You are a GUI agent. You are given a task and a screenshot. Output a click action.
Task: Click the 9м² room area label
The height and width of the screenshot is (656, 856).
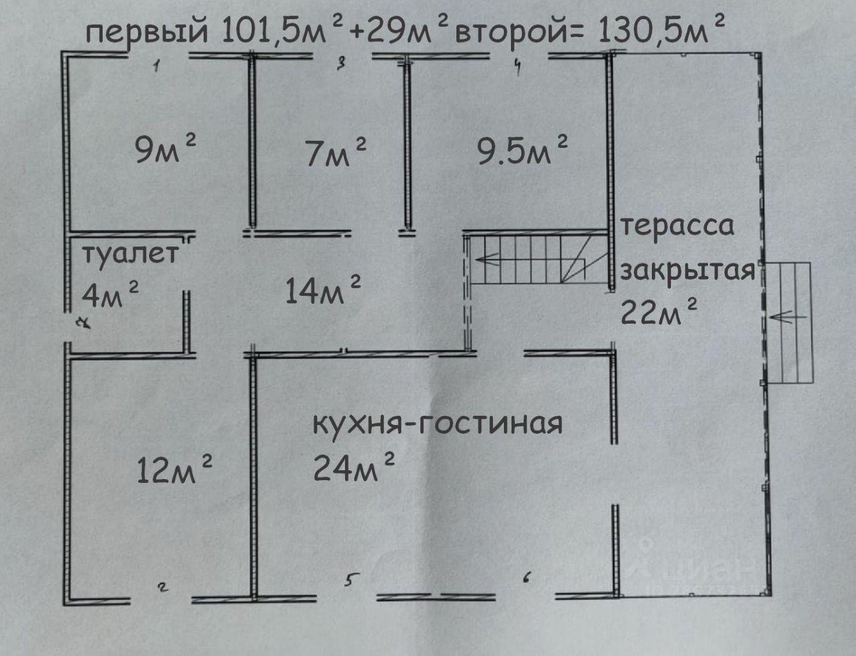[165, 150]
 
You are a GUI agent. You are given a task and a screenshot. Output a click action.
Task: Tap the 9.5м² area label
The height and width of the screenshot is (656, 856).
[522, 151]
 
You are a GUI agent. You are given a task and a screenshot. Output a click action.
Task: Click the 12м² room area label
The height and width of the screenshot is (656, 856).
[175, 468]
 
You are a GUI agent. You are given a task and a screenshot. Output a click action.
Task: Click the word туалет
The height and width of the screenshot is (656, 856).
[131, 255]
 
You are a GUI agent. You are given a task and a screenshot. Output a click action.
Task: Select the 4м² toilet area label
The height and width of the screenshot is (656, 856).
[110, 294]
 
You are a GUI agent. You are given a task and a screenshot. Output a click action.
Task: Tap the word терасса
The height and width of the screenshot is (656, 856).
[677, 225]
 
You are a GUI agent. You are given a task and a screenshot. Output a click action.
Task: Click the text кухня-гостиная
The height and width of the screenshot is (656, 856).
[438, 423]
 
